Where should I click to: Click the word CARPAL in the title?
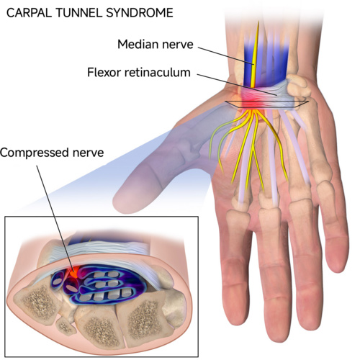coord(29,13)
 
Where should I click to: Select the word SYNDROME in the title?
coord(140,13)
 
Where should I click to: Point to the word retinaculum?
coord(157,72)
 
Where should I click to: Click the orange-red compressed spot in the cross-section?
coord(75,272)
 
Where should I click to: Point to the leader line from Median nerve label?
coord(226,55)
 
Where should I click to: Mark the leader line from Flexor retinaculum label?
coord(237,85)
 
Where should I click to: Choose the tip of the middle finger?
coord(279,335)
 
